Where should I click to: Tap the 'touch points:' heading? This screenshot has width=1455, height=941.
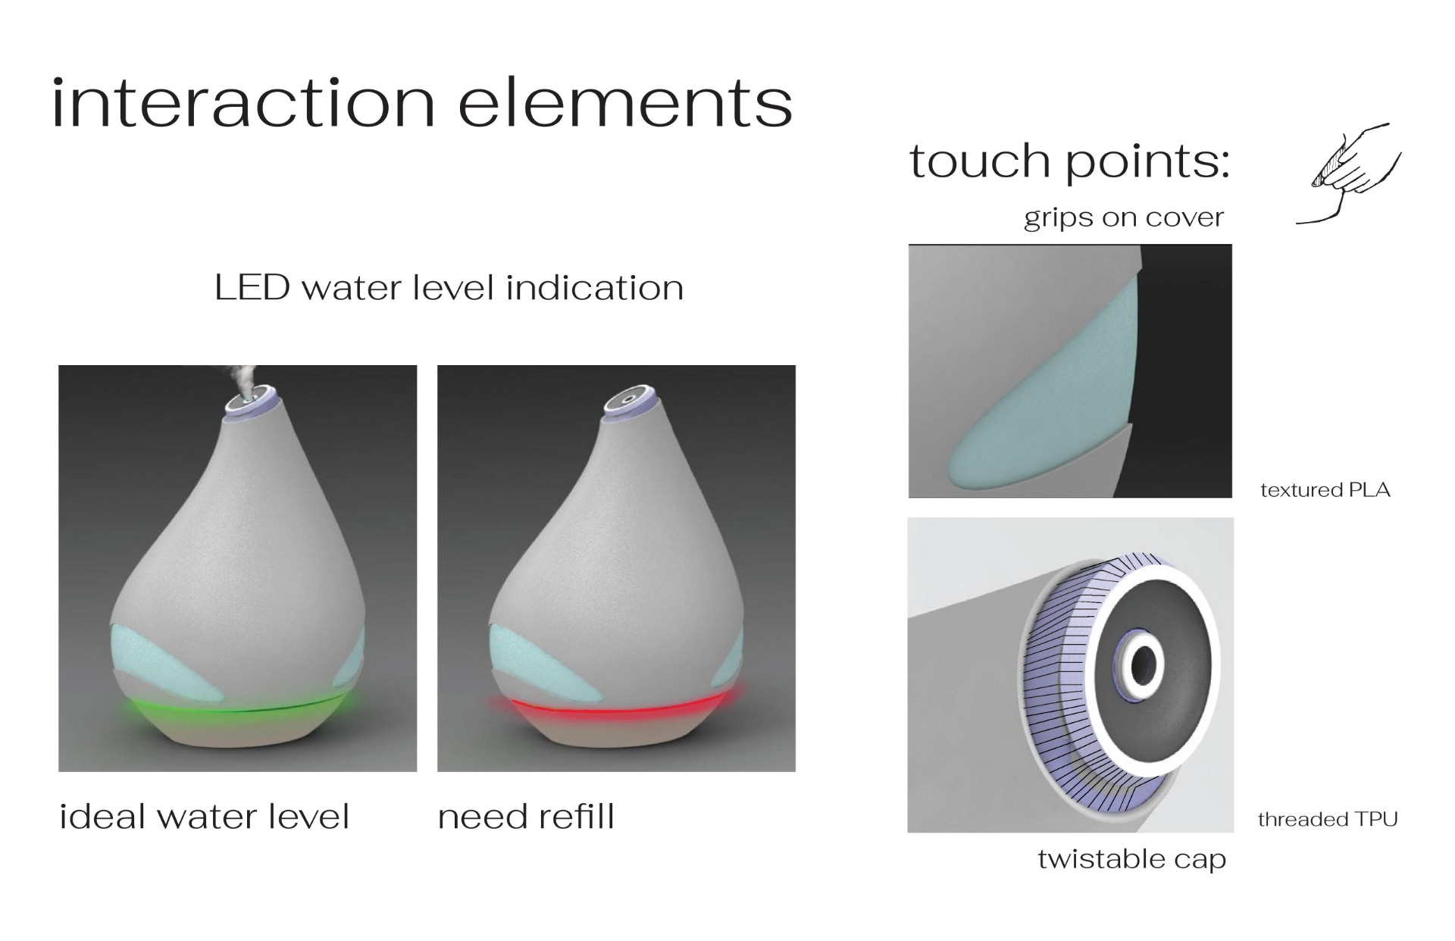pos(1069,161)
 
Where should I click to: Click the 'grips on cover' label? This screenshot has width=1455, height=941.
pos(1124,218)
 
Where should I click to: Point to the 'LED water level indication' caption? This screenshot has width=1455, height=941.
pos(449,288)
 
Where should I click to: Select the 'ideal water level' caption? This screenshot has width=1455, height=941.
pos(205,817)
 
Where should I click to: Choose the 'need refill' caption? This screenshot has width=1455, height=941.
pos(526,817)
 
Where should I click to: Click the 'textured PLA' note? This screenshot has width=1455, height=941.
pos(1325,490)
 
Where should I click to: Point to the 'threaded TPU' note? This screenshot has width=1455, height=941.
pos(1328,819)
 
